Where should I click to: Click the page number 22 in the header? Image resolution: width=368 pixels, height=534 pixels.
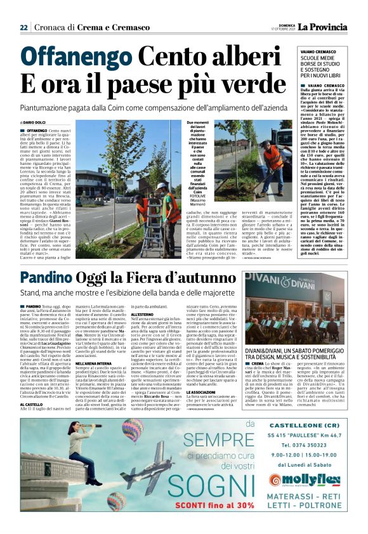tap(23, 27)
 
